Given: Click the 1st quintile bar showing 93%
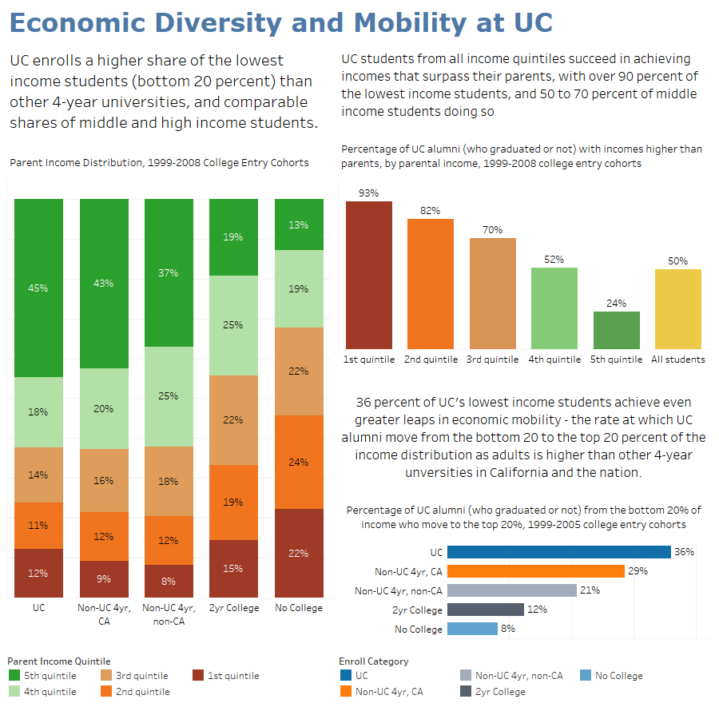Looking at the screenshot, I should click(368, 275).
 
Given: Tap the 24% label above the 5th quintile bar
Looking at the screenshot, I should click(616, 304).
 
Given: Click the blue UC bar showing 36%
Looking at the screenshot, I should click(558, 552).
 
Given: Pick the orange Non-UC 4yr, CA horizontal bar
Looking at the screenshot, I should click(535, 571).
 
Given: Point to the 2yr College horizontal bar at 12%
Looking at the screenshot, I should click(485, 610).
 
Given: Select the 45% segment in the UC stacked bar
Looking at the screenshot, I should click(38, 288).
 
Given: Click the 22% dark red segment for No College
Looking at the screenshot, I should click(299, 553).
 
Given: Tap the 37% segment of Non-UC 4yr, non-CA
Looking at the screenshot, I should click(169, 272).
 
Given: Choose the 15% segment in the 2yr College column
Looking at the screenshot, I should click(234, 569).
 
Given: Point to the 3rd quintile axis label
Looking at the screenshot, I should click(492, 359).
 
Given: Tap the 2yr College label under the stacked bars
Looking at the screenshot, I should click(234, 608).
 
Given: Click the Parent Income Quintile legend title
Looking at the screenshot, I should click(59, 661).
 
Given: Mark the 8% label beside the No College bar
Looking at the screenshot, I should click(507, 629).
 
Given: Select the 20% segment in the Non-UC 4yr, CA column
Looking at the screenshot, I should click(103, 408).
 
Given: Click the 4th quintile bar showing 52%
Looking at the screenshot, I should click(554, 308).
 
